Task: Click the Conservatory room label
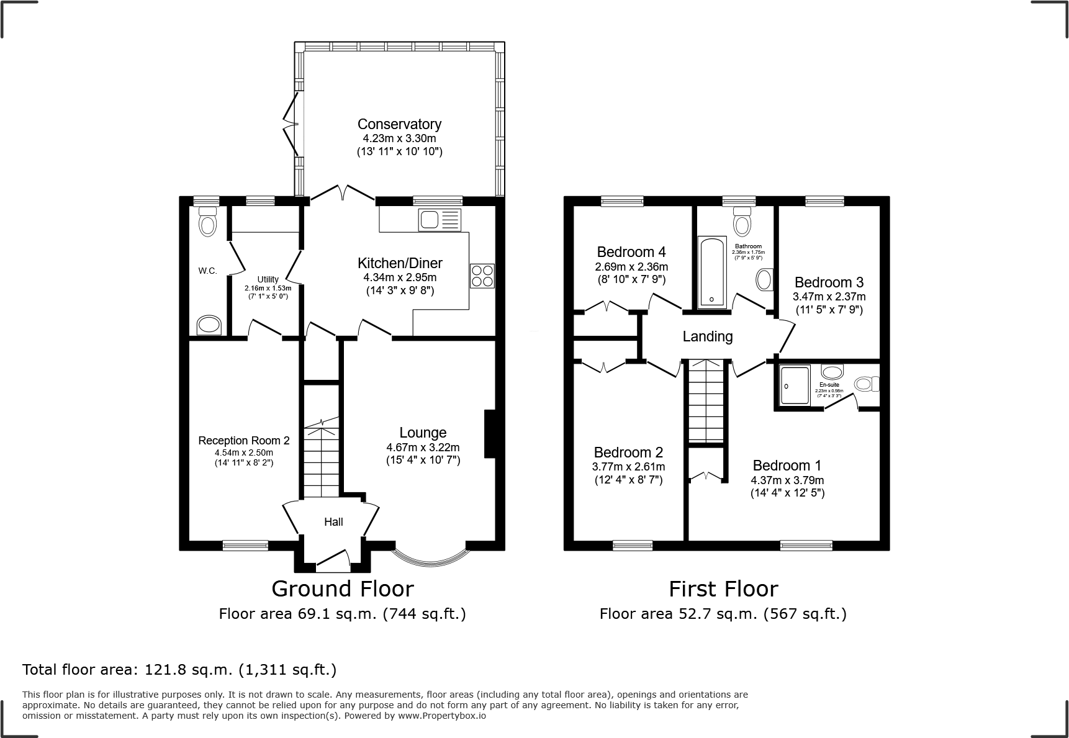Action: tap(399, 124)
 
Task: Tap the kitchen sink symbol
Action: tap(440, 220)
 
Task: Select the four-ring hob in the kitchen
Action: tap(482, 276)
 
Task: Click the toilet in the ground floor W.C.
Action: tap(208, 222)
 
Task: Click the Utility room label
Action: tap(268, 279)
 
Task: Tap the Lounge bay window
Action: tap(430, 557)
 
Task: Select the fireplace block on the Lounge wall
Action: tap(489, 434)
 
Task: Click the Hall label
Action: tap(333, 522)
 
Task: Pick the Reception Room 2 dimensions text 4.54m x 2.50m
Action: tap(244, 452)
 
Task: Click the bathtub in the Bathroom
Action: tap(712, 272)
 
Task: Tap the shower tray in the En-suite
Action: tap(795, 385)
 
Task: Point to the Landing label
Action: tap(707, 336)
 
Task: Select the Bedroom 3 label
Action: tap(829, 282)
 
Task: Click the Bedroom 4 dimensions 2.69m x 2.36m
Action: tap(631, 266)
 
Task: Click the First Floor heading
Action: tap(723, 588)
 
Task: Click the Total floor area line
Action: tap(179, 670)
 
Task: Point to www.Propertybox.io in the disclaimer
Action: tap(441, 716)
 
